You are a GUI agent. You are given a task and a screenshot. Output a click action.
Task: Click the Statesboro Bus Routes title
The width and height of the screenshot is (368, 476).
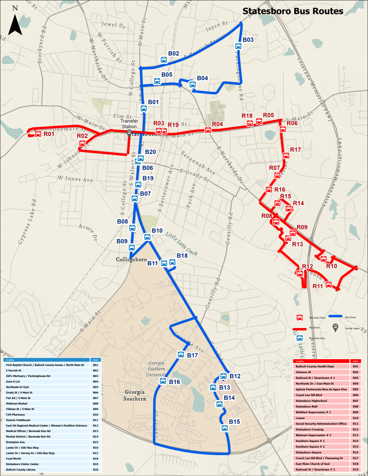pyautogui.click(x=292, y=11)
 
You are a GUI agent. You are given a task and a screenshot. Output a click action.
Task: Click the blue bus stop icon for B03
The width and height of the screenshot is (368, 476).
pyautogui.click(x=238, y=46)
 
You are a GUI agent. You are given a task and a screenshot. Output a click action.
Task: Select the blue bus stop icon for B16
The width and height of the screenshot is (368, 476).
pyautogui.click(x=162, y=381)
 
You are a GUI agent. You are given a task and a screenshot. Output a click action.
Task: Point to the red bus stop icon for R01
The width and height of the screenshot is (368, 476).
pyautogui.click(x=37, y=134)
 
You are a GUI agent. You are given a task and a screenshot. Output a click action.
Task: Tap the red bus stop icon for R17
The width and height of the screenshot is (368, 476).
pyautogui.click(x=286, y=155)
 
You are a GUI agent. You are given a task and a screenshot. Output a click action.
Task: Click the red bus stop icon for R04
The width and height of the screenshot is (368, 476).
pyautogui.click(x=208, y=130)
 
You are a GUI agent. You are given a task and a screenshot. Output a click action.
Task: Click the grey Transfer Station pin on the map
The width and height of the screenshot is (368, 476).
pyautogui.click(x=129, y=134)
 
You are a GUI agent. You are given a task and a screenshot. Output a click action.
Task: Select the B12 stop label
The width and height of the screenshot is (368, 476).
pyautogui.click(x=235, y=376)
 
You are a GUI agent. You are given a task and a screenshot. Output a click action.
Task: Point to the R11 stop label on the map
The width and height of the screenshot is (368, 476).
pyautogui.click(x=318, y=286)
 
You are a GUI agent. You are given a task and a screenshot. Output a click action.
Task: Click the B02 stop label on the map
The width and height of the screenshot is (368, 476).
pyautogui.click(x=173, y=53)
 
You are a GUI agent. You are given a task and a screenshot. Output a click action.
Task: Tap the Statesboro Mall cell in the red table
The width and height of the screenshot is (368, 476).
pyautogui.click(x=321, y=406)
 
